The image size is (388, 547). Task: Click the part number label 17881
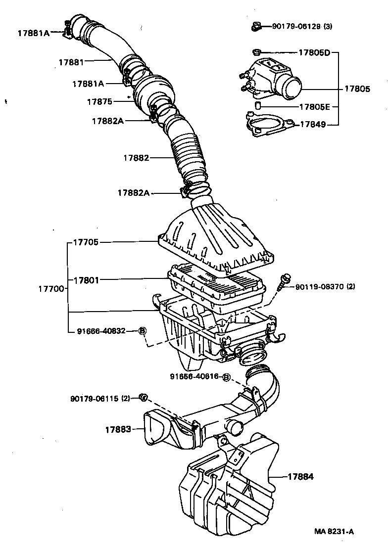(71, 62)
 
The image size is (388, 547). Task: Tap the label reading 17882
(136, 158)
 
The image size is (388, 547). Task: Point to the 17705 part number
(86, 242)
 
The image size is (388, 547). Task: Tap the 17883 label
(117, 429)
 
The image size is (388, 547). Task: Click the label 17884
(301, 477)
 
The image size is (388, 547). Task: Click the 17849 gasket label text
(313, 125)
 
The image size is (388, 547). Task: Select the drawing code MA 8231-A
(334, 532)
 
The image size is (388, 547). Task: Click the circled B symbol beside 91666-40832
(142, 331)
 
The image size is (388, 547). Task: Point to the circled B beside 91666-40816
(226, 377)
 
